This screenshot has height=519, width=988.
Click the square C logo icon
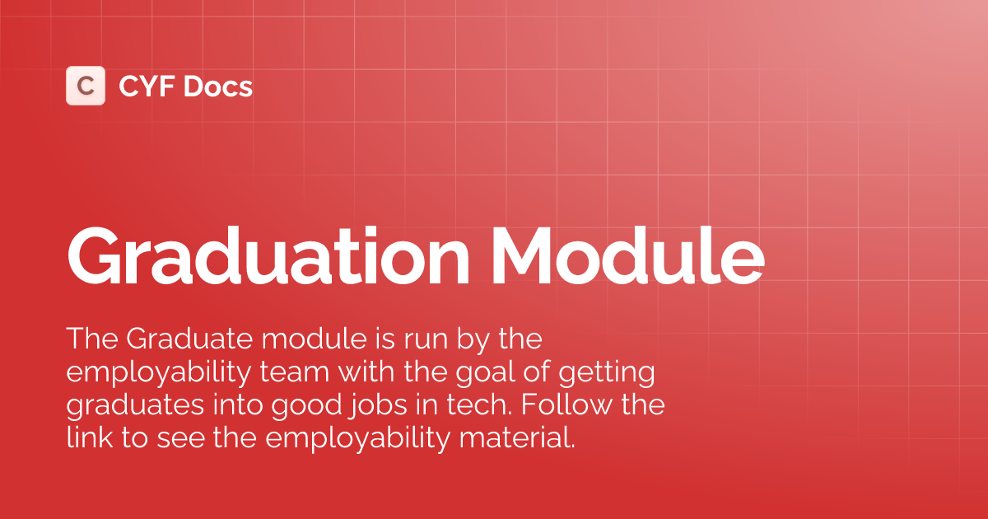coord(86,86)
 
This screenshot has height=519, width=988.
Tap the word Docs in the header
coord(218,86)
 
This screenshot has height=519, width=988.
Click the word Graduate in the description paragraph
coord(175,339)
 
